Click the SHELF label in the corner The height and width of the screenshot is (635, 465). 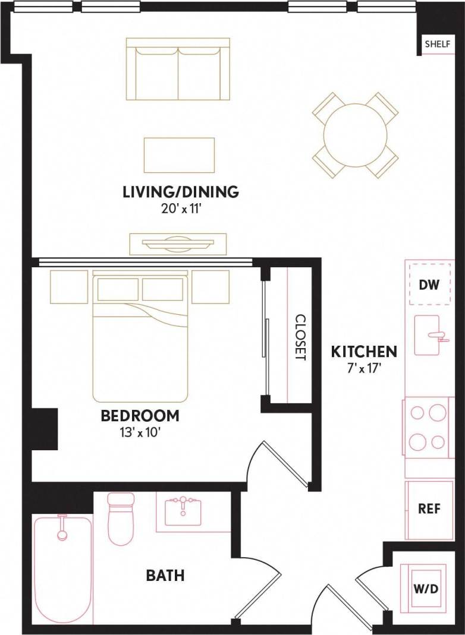[x=436, y=45]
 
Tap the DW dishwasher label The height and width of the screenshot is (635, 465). [x=429, y=285]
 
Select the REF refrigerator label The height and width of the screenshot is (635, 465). [x=429, y=510]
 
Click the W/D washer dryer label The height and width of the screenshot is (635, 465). [x=426, y=589]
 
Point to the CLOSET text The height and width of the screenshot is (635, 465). [x=300, y=337]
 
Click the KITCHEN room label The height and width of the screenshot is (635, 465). [x=364, y=351]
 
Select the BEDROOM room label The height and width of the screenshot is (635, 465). [x=140, y=416]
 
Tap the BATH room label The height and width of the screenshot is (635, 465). [x=165, y=575]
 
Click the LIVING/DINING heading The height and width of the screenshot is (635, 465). [x=180, y=192]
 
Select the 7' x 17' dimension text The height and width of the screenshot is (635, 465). [x=364, y=368]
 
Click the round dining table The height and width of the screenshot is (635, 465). [x=355, y=135]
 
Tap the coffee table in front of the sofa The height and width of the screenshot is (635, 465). [x=179, y=155]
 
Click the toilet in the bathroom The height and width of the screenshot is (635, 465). [x=121, y=518]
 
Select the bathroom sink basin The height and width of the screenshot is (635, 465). [x=183, y=512]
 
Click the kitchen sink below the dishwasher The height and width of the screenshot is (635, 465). [x=427, y=335]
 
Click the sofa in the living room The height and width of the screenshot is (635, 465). [x=178, y=69]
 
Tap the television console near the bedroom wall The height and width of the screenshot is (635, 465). [x=178, y=244]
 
